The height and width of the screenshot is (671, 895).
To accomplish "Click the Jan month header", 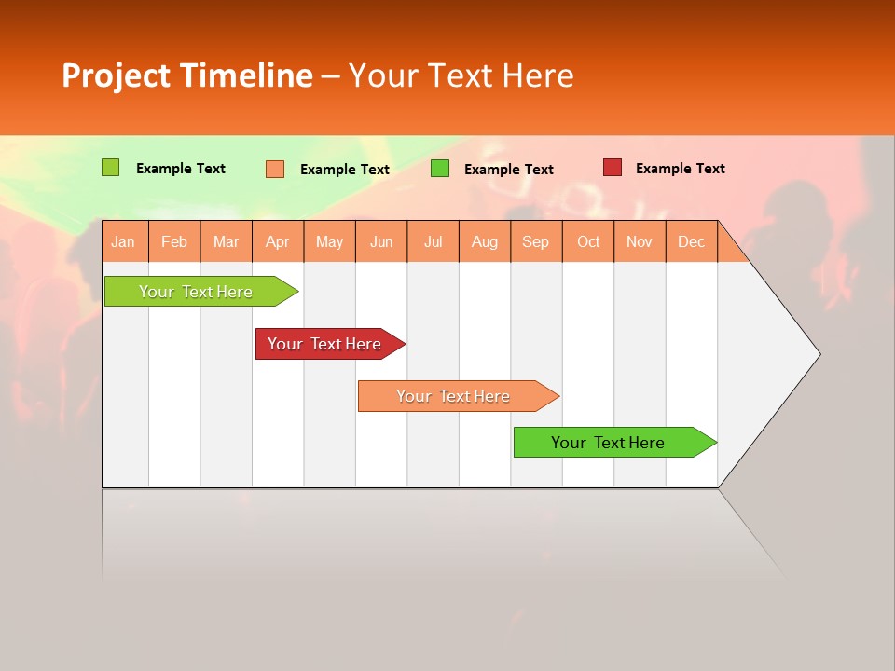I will coord(124,241).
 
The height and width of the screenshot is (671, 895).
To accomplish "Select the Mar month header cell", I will coord(226,241).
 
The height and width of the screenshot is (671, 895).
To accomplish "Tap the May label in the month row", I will coord(329,241).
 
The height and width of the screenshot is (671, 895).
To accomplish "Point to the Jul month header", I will coord(433,241).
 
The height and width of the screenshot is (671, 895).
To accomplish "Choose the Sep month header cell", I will coord(535,241).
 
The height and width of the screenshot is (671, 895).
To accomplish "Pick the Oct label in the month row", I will coord(588,241).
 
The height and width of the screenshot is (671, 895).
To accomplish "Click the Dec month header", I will coord(691,241).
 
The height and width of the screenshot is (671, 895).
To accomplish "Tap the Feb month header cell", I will coord(174,241).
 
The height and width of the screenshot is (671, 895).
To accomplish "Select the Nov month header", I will coord(639,241).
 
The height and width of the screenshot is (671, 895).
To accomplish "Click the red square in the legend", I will coord(612,168).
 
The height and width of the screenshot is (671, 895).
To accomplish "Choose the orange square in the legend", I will coord(275,169).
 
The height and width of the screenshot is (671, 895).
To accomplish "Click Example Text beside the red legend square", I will coord(680,169).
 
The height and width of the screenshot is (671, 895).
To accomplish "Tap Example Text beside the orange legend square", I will coord(344,170).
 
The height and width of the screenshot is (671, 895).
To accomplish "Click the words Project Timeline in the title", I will coord(186,75).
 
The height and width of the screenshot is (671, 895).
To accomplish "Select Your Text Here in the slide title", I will coord(461,75).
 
